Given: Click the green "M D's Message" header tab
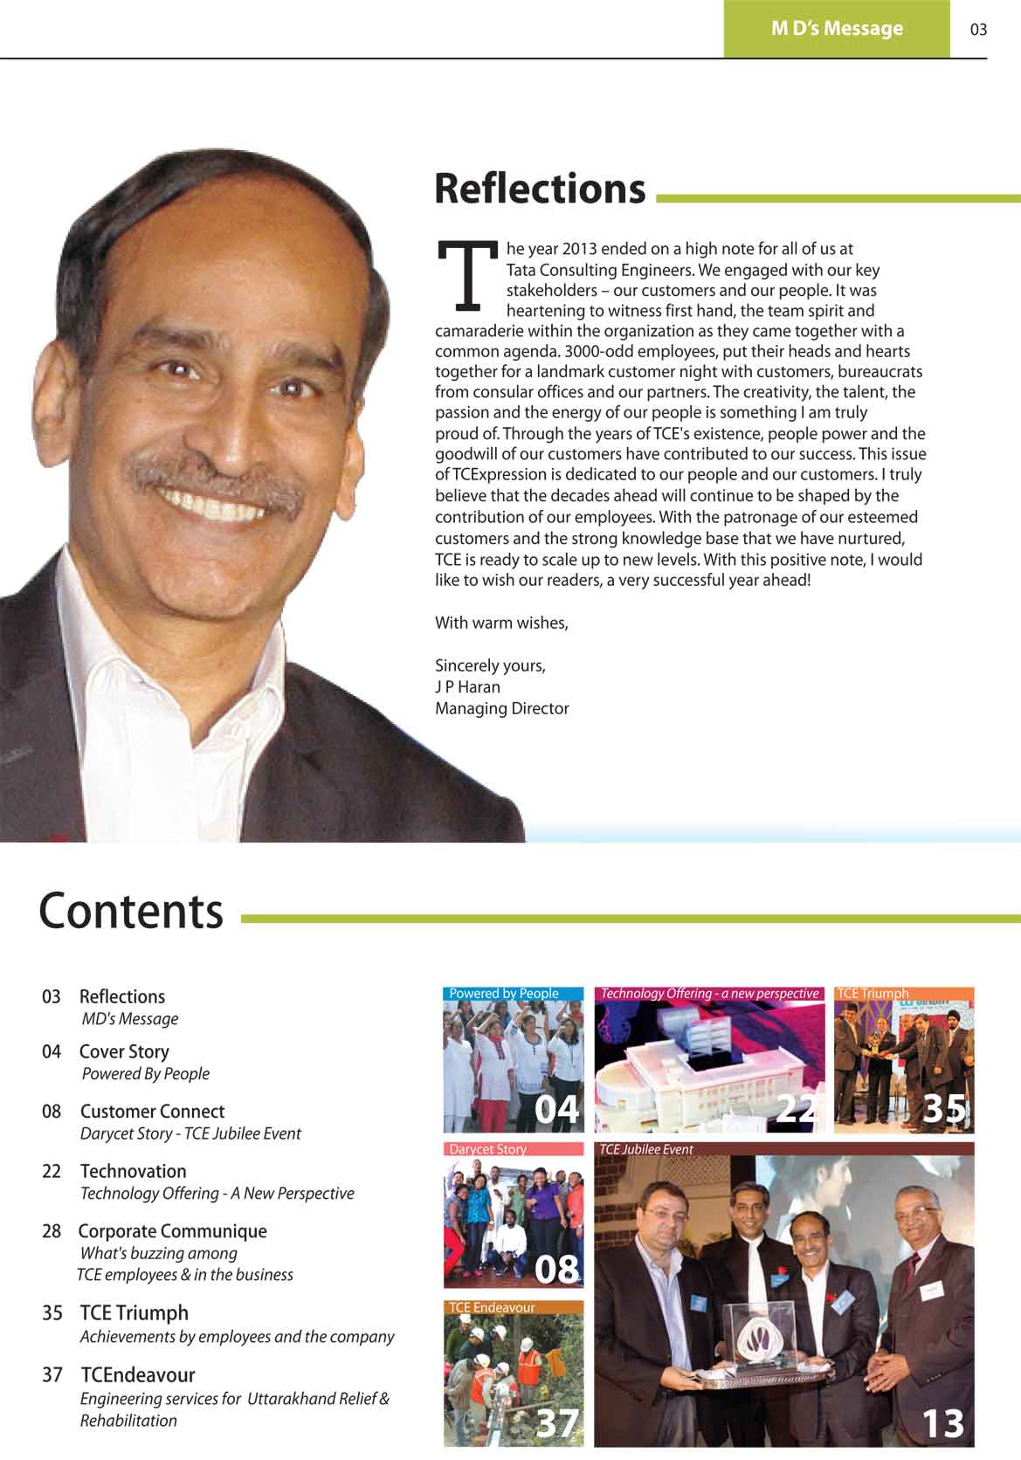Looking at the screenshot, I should pyautogui.click(x=836, y=29).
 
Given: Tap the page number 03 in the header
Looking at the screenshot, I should pyautogui.click(x=978, y=30).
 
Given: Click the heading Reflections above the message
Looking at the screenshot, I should pyautogui.click(x=540, y=189).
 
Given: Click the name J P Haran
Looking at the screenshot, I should pyautogui.click(x=467, y=687).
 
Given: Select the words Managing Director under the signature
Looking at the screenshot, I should pyautogui.click(x=502, y=709).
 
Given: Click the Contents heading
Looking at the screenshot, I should pyautogui.click(x=131, y=912).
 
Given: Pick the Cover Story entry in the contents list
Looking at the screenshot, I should pyautogui.click(x=124, y=1052).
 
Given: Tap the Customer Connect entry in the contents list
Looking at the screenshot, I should pyautogui.click(x=152, y=1112).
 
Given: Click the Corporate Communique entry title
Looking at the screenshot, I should pyautogui.click(x=172, y=1231).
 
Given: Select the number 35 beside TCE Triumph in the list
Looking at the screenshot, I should pyautogui.click(x=52, y=1313).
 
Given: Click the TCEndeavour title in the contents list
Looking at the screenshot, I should pyautogui.click(x=138, y=1375).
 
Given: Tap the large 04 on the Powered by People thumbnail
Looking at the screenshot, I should pyautogui.click(x=556, y=1110).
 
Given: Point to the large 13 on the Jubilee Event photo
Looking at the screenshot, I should pyautogui.click(x=942, y=1424).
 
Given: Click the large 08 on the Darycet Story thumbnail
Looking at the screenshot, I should pyautogui.click(x=556, y=1269).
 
